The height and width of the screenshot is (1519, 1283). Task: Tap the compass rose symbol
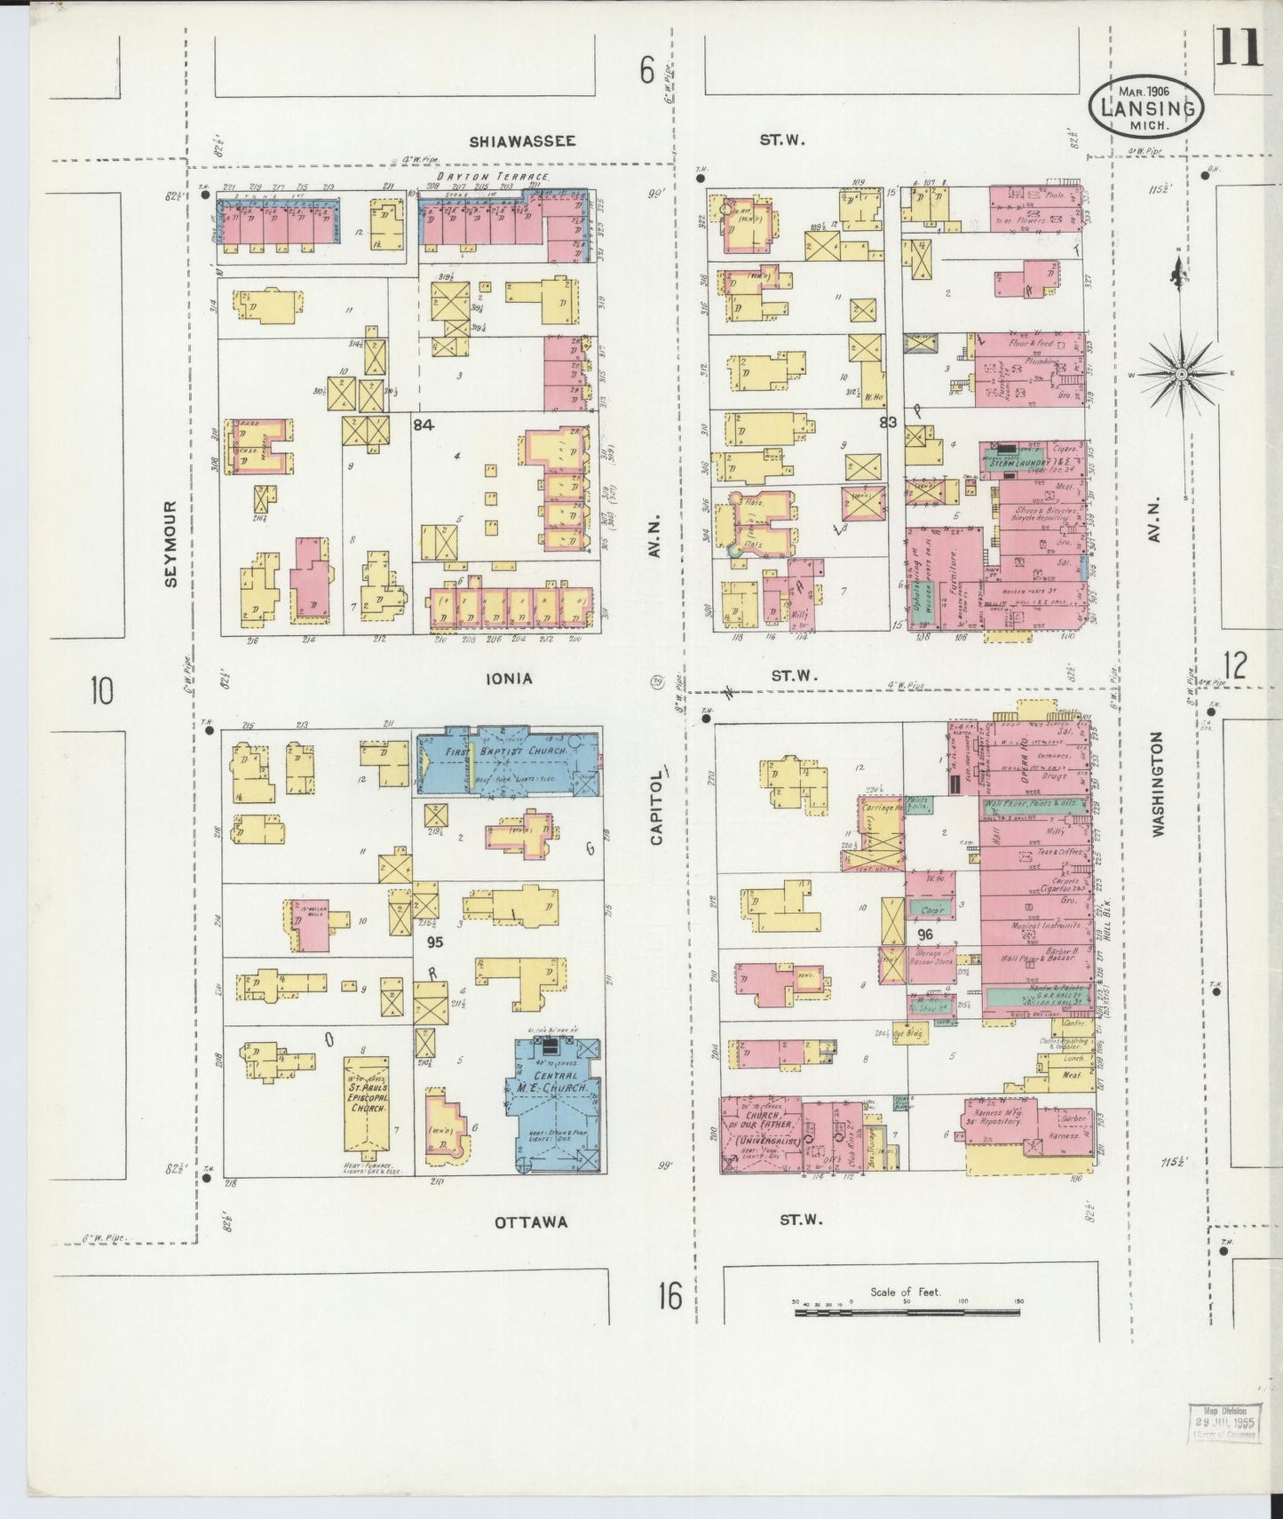1182,374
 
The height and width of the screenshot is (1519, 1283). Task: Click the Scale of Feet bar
906,1310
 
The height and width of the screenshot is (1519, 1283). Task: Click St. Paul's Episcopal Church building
366,1106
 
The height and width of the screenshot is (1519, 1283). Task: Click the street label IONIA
509,679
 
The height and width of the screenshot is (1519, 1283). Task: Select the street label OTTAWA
531,1221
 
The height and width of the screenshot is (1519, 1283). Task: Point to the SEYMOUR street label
171,543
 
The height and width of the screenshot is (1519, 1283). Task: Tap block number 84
424,425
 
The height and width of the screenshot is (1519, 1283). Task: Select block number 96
925,934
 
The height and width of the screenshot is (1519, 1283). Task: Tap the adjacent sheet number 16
670,1298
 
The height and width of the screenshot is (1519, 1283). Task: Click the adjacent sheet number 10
101,690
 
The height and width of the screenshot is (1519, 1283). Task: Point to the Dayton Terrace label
493,177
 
